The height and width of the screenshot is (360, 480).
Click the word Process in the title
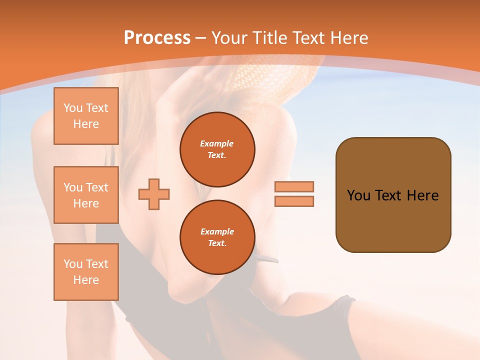pos(157,38)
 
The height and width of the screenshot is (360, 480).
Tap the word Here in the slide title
pos(347,38)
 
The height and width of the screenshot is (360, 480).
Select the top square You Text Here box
pos(86,116)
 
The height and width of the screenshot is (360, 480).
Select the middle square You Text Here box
pos(86,195)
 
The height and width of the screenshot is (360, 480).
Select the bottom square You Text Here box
pos(86,272)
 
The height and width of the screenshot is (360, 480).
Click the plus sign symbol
pos(154,194)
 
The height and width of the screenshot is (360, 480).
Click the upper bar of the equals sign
pos(294,186)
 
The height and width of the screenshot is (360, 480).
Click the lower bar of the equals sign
pos(294,201)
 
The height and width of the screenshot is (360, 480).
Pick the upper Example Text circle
pos(217,149)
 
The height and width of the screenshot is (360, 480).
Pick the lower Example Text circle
pos(217,237)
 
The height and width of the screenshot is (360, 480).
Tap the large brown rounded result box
pos(393,220)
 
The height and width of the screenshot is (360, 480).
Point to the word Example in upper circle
pos(217,143)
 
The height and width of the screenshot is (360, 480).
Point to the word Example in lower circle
pos(217,231)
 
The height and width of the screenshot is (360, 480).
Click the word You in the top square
pos(72,108)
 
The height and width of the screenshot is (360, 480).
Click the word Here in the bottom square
pos(86,280)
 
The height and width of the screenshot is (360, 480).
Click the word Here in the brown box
pos(422,195)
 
